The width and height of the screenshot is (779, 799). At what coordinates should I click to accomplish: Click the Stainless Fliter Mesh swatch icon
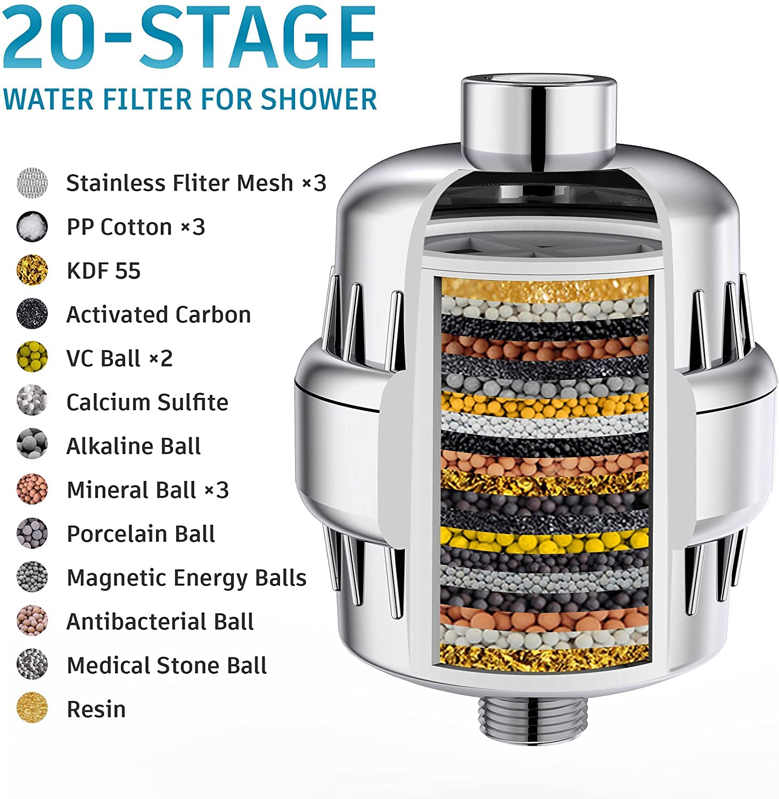[32, 183]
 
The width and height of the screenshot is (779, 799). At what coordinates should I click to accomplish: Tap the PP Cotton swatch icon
[32, 226]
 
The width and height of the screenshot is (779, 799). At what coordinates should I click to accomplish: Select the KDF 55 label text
[103, 271]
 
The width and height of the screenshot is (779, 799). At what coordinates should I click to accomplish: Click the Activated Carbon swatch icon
[32, 314]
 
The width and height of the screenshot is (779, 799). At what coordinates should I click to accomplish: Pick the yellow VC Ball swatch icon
[32, 358]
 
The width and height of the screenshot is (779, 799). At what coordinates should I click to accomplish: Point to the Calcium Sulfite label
[147, 402]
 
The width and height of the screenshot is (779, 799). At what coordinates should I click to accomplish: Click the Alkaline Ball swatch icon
[32, 445]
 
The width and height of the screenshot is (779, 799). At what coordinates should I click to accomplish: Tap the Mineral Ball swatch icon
[32, 490]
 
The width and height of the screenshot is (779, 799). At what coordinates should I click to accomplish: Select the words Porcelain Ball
[141, 534]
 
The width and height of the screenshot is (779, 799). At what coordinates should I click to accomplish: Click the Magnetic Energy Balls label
[186, 578]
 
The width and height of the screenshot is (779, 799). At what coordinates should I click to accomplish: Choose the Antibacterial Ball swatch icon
[32, 621]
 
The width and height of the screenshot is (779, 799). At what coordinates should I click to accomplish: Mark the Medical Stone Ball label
[167, 665]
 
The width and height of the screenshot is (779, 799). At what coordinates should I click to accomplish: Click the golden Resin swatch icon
[32, 708]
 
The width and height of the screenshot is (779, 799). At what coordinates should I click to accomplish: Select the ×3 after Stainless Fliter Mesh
[314, 183]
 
